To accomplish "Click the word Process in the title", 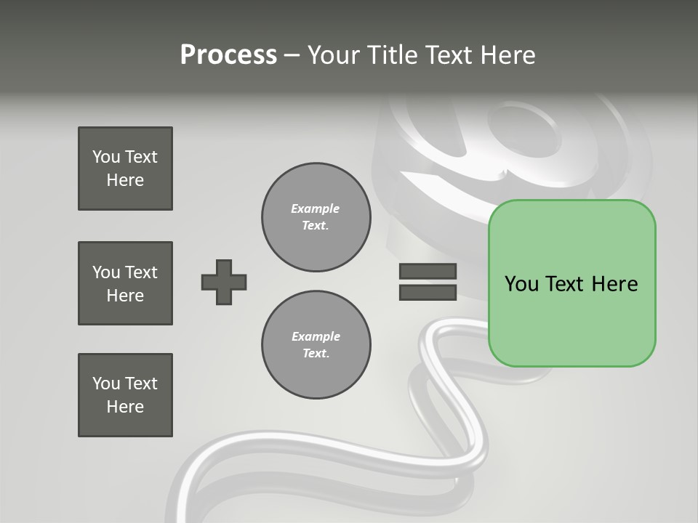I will click(x=228, y=55).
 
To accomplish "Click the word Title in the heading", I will click(x=391, y=55).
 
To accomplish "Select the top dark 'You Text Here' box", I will click(x=125, y=169).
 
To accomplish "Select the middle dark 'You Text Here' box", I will click(x=125, y=283).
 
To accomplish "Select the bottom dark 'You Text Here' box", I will click(x=125, y=395).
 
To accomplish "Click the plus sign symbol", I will click(x=224, y=282).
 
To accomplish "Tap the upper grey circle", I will click(x=316, y=217).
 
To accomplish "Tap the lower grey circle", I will click(x=316, y=345).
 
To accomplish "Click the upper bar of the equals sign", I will click(x=428, y=272).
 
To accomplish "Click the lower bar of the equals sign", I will click(x=428, y=293).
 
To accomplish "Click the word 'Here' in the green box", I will click(x=614, y=284).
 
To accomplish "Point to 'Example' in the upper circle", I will click(x=315, y=208).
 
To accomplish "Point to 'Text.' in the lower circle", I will click(x=316, y=354).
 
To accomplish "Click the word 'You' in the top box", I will click(x=106, y=157).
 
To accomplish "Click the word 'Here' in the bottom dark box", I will click(x=125, y=407).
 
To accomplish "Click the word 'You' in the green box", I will click(x=521, y=284).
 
